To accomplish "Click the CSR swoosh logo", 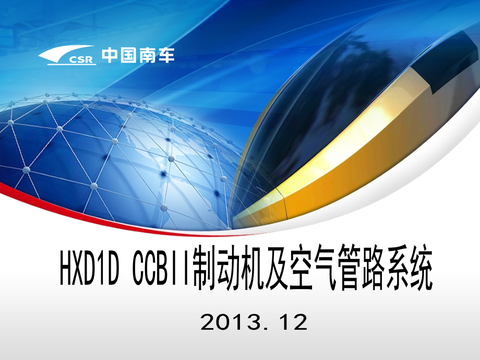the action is pyautogui.click(x=67, y=55).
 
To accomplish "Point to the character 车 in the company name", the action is pyautogui.click(x=166, y=55).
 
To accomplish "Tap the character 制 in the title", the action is pyautogui.click(x=205, y=267).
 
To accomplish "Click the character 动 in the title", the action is pyautogui.click(x=229, y=267).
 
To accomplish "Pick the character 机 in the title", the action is pyautogui.click(x=252, y=267).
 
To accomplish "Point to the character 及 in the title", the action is pyautogui.click(x=276, y=267).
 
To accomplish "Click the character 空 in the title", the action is pyautogui.click(x=300, y=267).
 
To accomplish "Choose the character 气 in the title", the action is pyautogui.click(x=324, y=267).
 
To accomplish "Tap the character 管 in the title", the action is pyautogui.click(x=349, y=267).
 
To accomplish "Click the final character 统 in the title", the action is pyautogui.click(x=421, y=267).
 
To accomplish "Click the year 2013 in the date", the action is pyautogui.click(x=232, y=322).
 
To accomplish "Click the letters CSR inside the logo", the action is pyautogui.click(x=81, y=59).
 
